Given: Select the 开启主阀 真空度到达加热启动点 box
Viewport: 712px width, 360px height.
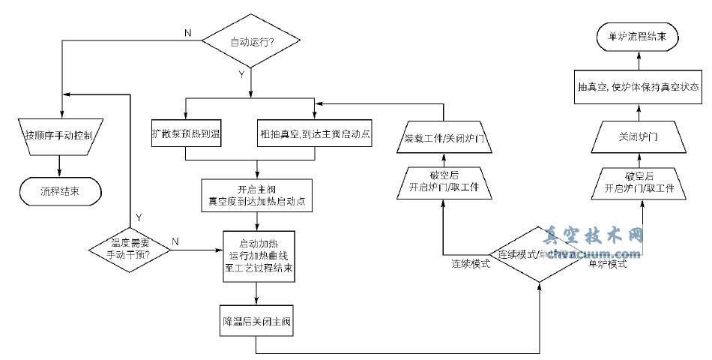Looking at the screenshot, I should pyautogui.click(x=258, y=196).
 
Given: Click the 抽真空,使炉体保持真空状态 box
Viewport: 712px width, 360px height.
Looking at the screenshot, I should pyautogui.click(x=639, y=87).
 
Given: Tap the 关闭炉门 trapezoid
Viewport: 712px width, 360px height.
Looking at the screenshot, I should pyautogui.click(x=639, y=136).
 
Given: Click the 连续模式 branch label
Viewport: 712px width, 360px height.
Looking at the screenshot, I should pyautogui.click(x=471, y=265).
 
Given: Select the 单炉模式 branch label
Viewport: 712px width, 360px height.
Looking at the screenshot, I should pyautogui.click(x=607, y=265).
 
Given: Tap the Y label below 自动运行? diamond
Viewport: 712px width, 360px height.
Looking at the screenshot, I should pyautogui.click(x=241, y=74).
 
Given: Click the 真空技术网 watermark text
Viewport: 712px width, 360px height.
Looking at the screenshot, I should pyautogui.click(x=594, y=237).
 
